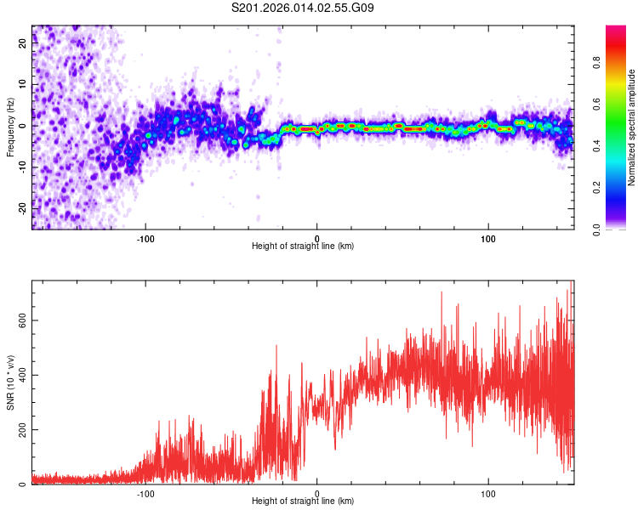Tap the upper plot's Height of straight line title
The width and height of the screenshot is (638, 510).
pyautogui.click(x=302, y=246)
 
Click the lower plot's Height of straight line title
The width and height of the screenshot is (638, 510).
pyautogui.click(x=302, y=501)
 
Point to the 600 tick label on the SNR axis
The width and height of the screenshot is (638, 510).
pyautogui.click(x=21, y=320)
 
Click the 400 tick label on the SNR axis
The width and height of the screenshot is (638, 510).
pyautogui.click(x=21, y=375)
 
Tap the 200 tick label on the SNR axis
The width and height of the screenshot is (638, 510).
pyautogui.click(x=21, y=430)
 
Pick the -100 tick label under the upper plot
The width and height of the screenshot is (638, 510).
pyautogui.click(x=145, y=237)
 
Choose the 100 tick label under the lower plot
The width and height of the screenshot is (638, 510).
pyautogui.click(x=488, y=492)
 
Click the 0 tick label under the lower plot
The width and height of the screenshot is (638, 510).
pyautogui.click(x=317, y=492)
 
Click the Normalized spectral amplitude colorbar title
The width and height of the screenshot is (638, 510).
pyautogui.click(x=632, y=127)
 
